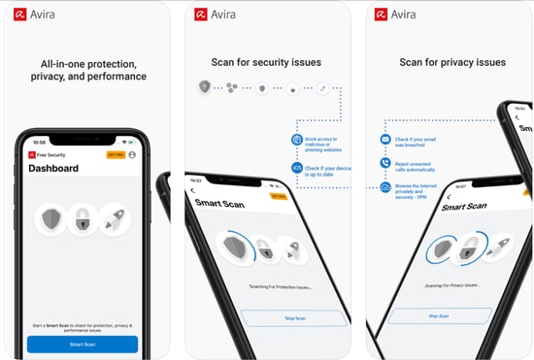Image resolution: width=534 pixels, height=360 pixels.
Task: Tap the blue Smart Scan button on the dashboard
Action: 83,344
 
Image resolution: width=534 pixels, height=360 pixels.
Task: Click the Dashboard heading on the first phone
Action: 54,168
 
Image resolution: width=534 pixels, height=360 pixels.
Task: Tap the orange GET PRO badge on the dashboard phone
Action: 116,154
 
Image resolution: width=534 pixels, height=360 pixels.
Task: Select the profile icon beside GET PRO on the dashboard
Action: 132,154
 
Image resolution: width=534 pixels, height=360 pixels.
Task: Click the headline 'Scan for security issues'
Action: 266,63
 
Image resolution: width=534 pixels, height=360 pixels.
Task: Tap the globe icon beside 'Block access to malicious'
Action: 297,140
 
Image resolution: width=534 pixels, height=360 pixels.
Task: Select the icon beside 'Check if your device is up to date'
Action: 297,167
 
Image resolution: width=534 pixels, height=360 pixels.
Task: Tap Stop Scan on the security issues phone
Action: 294,317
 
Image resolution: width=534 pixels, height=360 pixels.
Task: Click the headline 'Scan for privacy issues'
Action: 452,63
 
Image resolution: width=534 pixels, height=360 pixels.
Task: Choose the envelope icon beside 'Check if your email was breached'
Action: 385,140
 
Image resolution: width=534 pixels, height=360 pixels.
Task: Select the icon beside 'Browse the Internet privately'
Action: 385,187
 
